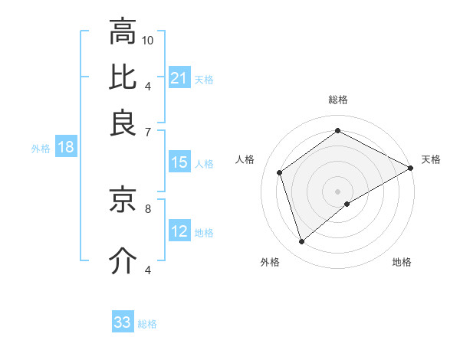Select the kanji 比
click(123, 77)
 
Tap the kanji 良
click(123, 123)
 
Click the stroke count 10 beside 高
click(149, 40)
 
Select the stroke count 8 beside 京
click(148, 207)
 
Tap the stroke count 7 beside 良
click(148, 132)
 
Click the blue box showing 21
click(179, 78)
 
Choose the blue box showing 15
click(179, 162)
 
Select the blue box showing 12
click(179, 232)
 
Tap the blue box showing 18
click(66, 148)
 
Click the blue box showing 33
click(123, 322)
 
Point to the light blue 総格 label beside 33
click(147, 324)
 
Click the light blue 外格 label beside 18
click(40, 149)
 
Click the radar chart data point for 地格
click(347, 204)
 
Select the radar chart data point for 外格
click(302, 242)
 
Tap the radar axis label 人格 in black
click(245, 159)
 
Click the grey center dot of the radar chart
click(337, 191)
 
